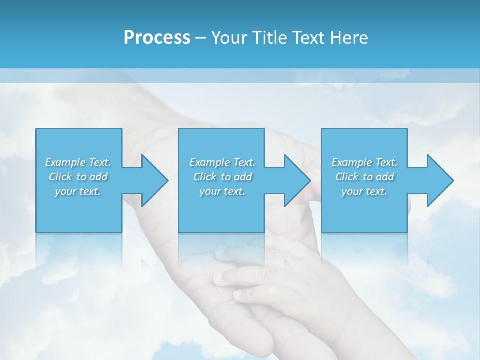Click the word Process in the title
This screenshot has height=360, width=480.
pos(157,38)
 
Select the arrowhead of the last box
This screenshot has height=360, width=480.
pos(439,180)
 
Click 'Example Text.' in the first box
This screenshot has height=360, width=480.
pos(78,162)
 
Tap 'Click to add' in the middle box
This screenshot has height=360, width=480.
pos(222,177)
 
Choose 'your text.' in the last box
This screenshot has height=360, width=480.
pos(364,191)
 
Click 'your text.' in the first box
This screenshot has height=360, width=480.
pos(78,191)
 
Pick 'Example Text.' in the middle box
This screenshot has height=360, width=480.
pos(222,162)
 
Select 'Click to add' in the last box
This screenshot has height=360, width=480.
pos(364,177)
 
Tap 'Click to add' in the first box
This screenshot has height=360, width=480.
pos(78,177)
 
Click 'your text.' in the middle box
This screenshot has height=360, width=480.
pos(222,191)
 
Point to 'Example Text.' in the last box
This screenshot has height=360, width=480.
pos(364,162)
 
